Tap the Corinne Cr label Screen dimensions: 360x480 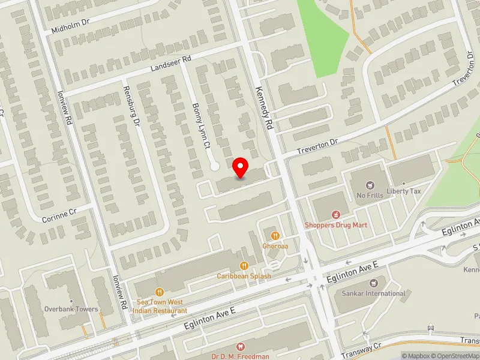click(x=60, y=216)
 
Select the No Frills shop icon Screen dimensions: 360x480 click(x=370, y=184)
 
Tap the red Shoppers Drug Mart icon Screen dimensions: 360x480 click(x=335, y=214)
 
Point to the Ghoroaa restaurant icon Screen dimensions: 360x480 click(x=275, y=235)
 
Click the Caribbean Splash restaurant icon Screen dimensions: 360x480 click(x=244, y=265)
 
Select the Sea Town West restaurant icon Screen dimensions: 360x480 click(x=160, y=292)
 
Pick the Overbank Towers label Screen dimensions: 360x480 click(x=71, y=309)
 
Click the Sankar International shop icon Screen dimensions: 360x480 click(x=374, y=283)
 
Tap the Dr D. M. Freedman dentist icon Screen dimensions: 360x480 click(x=241, y=346)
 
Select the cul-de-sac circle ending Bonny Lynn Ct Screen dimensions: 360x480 click(x=213, y=166)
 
